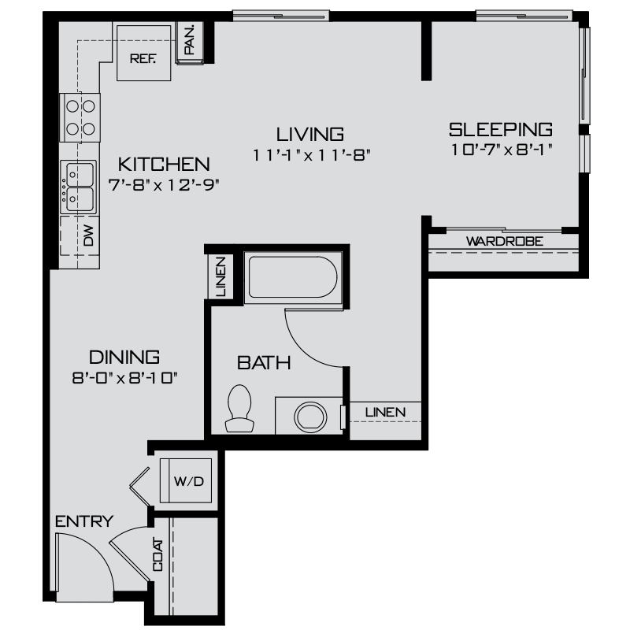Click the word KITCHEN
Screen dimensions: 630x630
(164, 165)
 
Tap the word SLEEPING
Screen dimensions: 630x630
(500, 129)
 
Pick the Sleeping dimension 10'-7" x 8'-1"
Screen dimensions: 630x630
(501, 150)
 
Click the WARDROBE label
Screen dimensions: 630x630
(505, 241)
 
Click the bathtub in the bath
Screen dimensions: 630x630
(291, 276)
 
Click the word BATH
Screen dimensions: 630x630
(265, 363)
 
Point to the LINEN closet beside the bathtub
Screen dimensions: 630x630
(220, 276)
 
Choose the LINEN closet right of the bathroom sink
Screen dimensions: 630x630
(384, 412)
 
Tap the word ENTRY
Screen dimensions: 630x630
(84, 521)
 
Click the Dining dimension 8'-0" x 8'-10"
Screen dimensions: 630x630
(124, 377)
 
